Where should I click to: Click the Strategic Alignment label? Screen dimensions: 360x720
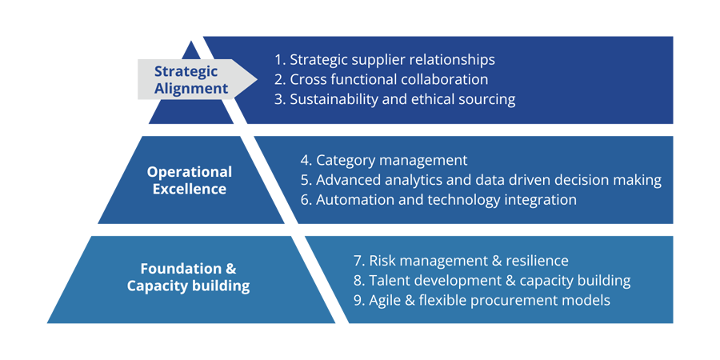click(191, 80)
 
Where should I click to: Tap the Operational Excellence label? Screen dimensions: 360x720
click(190, 180)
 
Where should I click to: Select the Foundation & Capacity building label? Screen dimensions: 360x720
click(188, 277)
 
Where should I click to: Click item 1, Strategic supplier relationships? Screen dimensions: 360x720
click(384, 60)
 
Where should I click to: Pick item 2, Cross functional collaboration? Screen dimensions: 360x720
click(381, 80)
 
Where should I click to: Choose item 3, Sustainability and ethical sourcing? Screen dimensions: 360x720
click(394, 99)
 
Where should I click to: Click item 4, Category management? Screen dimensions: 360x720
click(384, 161)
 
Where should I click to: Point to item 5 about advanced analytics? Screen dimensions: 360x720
click(481, 180)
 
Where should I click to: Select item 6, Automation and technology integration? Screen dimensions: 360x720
click(438, 200)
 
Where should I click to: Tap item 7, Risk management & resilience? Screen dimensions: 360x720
click(461, 261)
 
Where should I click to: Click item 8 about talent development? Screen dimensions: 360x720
click(491, 281)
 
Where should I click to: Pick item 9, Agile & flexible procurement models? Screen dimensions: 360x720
click(482, 301)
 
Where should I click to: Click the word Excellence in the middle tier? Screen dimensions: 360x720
click(190, 190)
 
